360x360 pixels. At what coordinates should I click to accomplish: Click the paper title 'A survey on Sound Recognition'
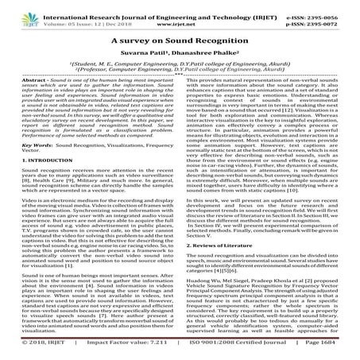(x=180, y=38)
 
